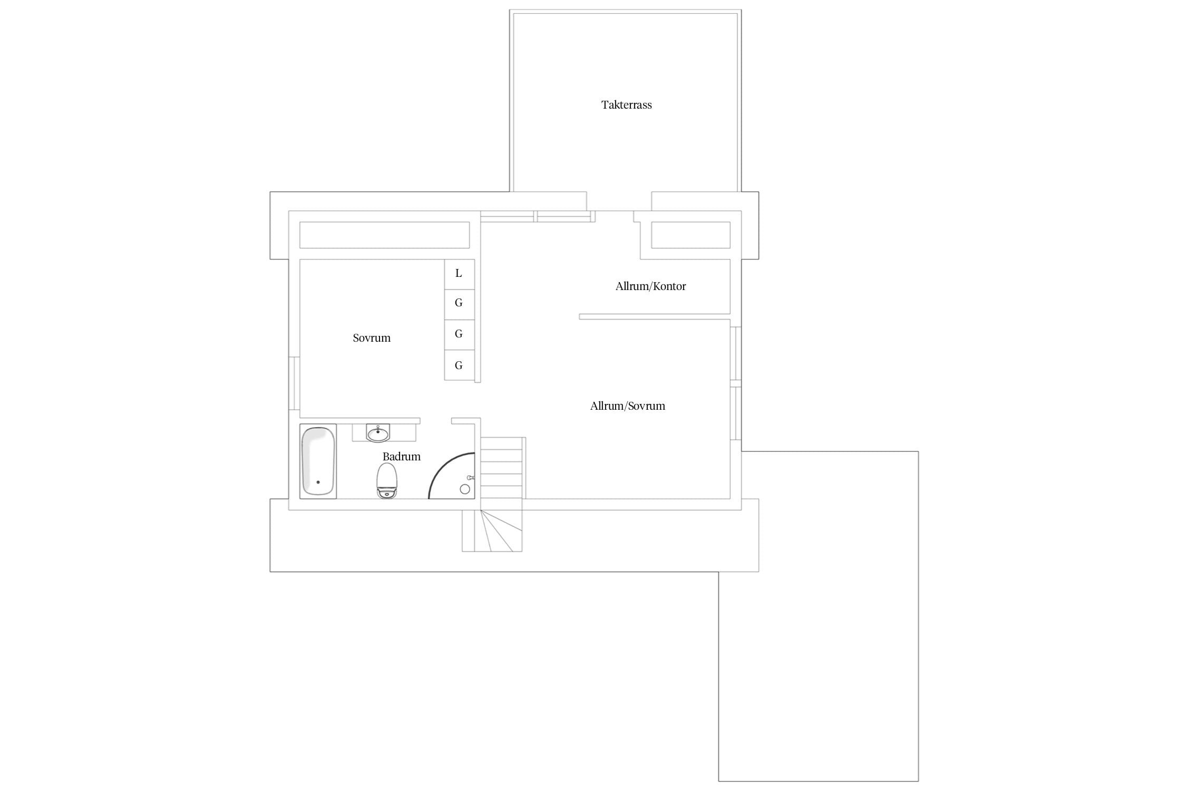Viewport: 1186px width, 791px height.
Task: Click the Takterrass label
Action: pos(626,105)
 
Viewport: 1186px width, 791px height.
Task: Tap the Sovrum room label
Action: pos(372,338)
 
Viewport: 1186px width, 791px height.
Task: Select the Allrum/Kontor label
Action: pos(650,286)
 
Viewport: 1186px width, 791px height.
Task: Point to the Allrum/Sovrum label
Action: pos(627,406)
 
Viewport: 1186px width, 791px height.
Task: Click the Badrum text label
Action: pos(401,457)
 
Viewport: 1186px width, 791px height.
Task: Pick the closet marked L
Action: pos(460,274)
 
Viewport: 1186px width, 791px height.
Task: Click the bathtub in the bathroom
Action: pos(318,461)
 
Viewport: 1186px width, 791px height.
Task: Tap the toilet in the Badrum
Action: pos(387,481)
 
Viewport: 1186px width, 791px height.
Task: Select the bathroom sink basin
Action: pos(378,433)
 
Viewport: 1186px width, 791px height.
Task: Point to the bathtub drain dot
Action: pos(318,482)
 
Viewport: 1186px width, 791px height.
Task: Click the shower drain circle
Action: pos(465,489)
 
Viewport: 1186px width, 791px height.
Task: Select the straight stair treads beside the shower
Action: pos(501,468)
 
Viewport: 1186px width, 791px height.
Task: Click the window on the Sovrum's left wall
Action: pos(294,383)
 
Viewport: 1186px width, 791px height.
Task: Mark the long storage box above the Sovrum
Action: pos(384,235)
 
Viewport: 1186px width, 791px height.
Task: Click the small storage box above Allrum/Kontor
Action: pos(691,235)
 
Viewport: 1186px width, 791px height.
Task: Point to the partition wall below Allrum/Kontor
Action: pos(655,317)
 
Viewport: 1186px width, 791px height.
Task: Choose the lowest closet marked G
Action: pos(460,365)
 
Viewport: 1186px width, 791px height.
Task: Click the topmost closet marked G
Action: pos(460,304)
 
